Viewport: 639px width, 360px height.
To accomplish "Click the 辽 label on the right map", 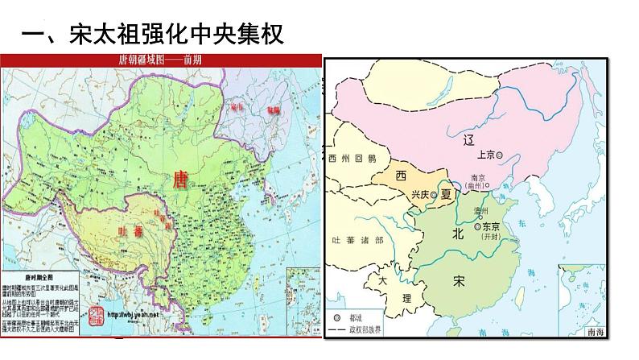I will point(470,141).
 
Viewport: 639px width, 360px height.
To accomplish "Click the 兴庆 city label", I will point(420,195).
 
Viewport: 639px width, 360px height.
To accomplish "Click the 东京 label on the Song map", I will point(490,226).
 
